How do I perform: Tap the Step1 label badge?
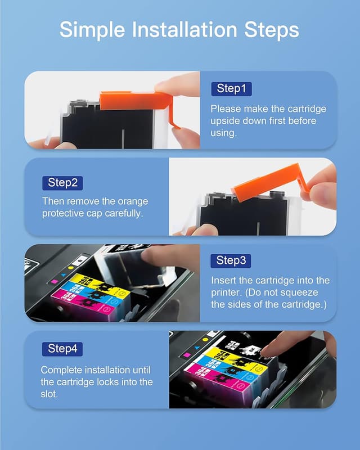pos(231,88)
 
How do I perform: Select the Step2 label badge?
pos(62,182)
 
